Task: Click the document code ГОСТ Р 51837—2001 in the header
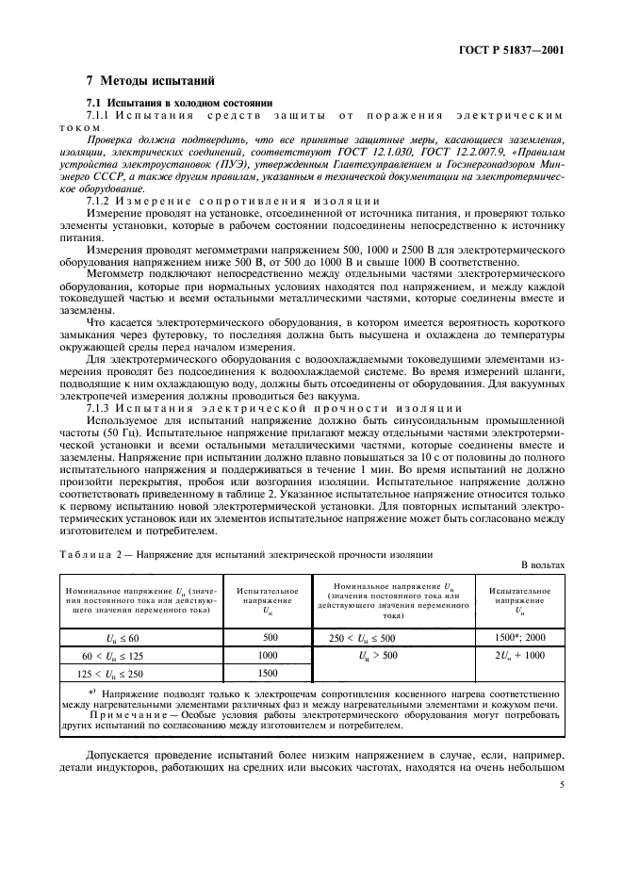pyautogui.click(x=516, y=47)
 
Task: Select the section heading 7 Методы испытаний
pyautogui.click(x=139, y=81)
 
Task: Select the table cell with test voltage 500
pyautogui.click(x=267, y=636)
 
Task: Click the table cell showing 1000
pyautogui.click(x=267, y=654)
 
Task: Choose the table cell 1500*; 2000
pyautogui.click(x=518, y=636)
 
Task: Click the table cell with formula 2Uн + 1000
pyautogui.click(x=518, y=654)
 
